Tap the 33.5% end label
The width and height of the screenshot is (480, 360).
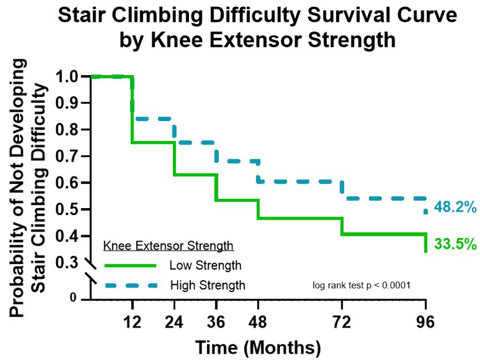(455, 244)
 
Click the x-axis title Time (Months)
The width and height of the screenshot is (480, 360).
(258, 346)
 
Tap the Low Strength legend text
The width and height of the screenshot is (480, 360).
(205, 265)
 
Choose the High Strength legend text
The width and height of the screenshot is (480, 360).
(208, 285)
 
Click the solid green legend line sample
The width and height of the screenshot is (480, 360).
(131, 265)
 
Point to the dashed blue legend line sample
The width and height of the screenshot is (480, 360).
(131, 285)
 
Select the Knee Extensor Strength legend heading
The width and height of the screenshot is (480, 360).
(168, 246)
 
